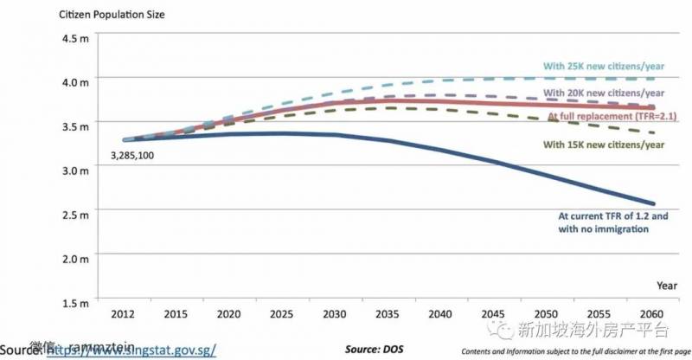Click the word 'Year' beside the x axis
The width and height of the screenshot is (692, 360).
coord(667,285)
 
